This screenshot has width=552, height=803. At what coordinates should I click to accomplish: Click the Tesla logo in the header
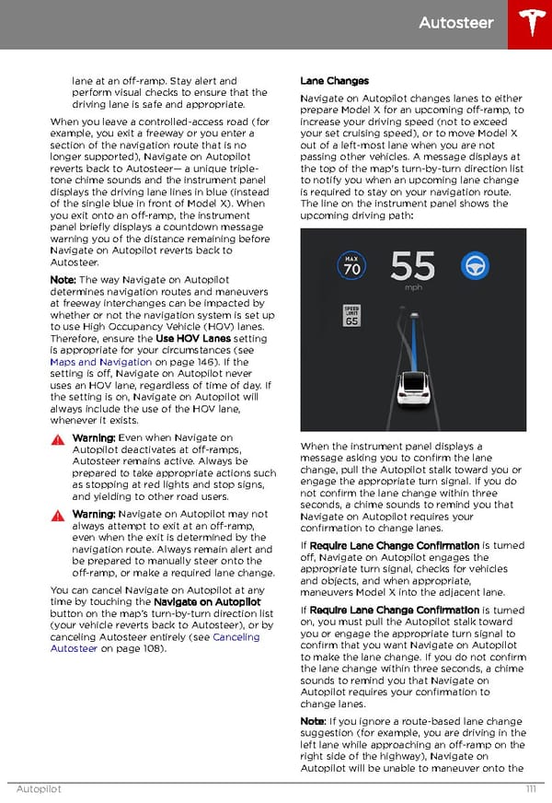[531, 23]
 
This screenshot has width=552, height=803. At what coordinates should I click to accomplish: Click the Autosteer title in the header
[456, 23]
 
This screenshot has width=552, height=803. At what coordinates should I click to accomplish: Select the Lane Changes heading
[334, 81]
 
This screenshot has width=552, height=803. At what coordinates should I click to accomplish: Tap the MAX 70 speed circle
[351, 265]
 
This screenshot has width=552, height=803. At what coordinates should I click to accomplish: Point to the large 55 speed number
[413, 266]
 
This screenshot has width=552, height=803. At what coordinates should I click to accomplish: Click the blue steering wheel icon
[474, 264]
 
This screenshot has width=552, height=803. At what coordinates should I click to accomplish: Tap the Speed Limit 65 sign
[351, 316]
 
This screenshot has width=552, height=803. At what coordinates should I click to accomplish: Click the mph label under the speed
[413, 287]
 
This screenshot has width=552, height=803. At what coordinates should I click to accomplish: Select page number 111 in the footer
[530, 789]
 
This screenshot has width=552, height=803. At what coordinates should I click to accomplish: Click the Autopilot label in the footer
[39, 789]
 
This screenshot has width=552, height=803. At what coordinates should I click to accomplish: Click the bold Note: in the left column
[63, 279]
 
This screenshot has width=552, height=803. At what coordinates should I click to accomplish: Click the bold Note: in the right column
[313, 721]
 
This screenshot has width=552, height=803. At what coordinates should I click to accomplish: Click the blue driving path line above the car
[415, 341]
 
